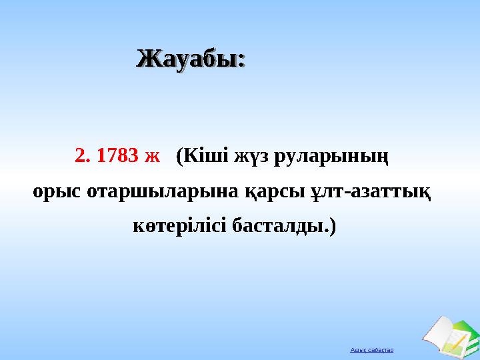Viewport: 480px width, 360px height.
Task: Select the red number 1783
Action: pyautogui.click(x=117, y=156)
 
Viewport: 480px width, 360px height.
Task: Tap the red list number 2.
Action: pyautogui.click(x=81, y=156)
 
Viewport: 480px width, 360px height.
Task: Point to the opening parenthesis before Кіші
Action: pyautogui.click(x=179, y=157)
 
